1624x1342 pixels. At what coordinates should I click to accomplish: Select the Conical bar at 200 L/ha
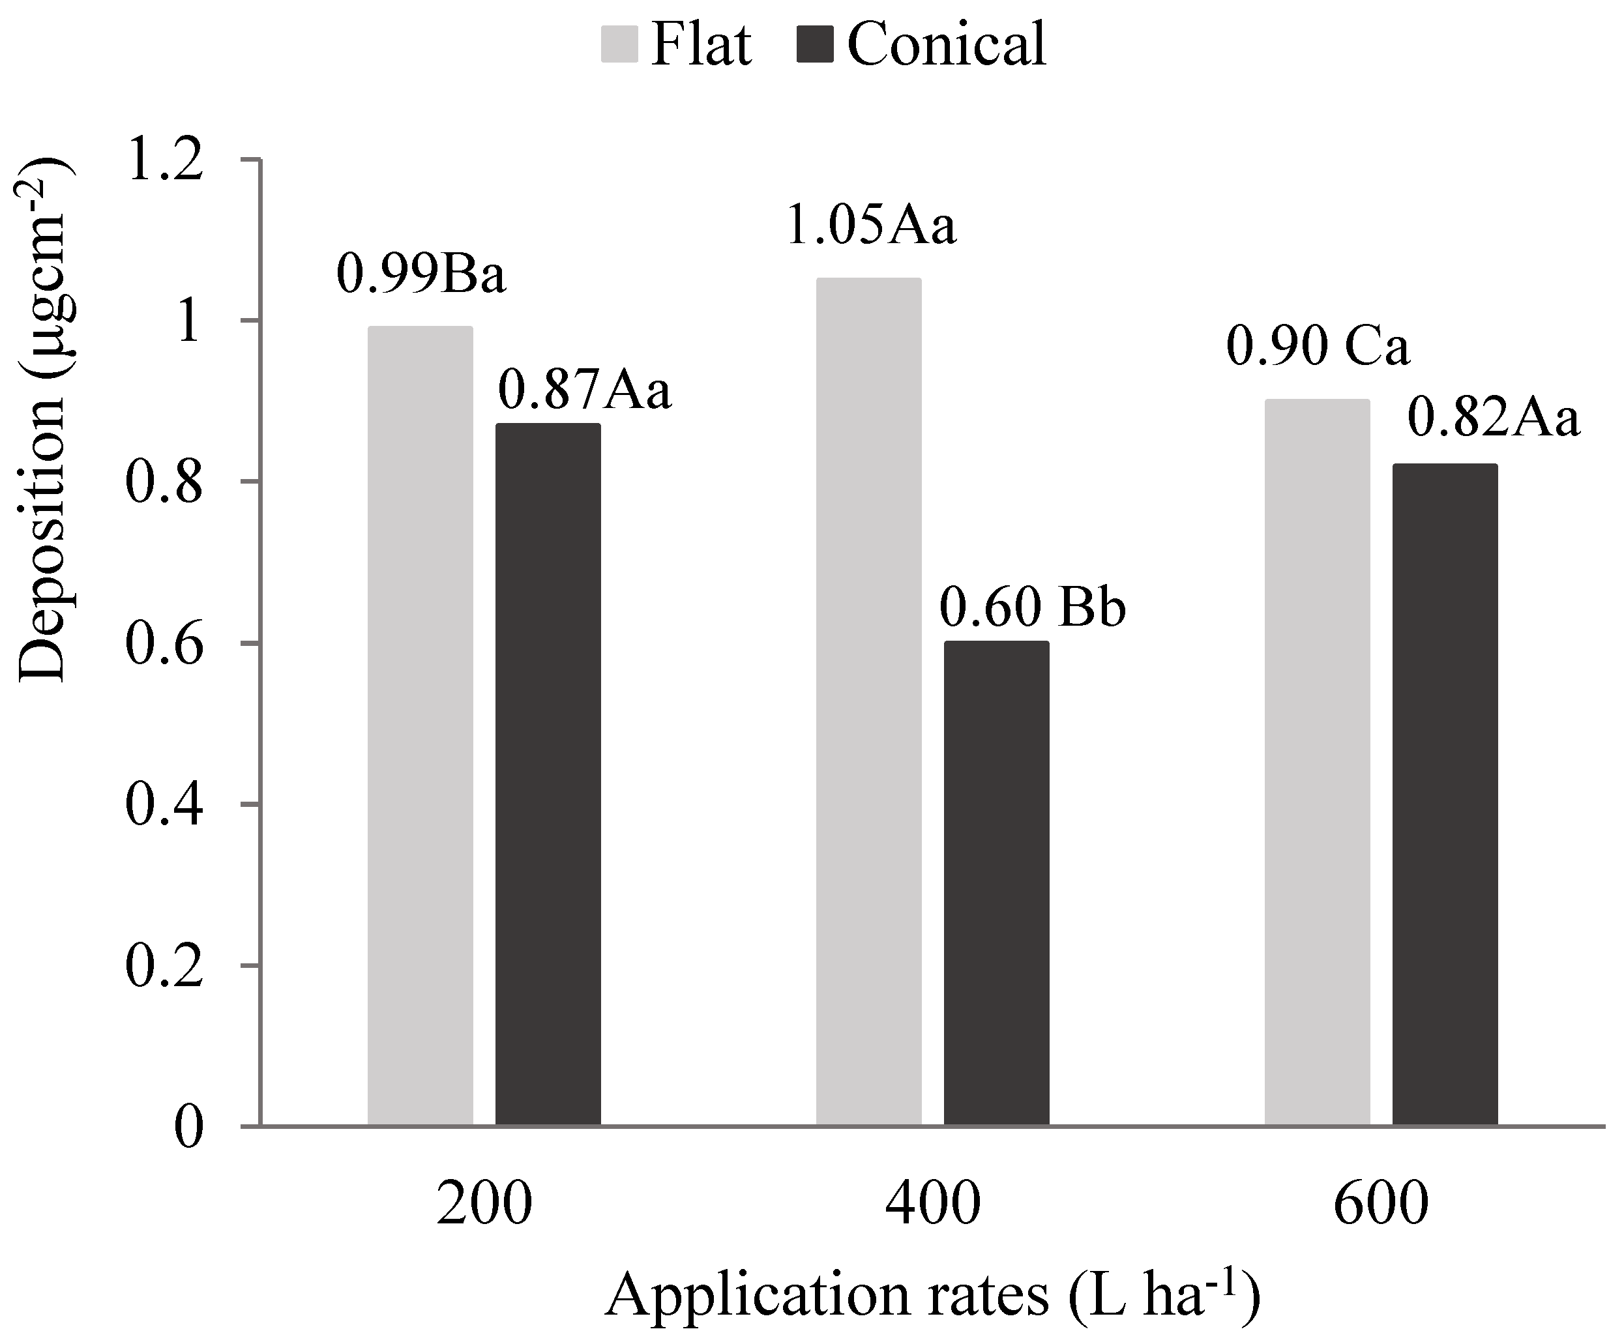pyautogui.click(x=548, y=773)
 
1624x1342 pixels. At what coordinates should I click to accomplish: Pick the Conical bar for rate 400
pyautogui.click(x=996, y=882)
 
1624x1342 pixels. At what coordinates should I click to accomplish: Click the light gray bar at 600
pyautogui.click(x=1317, y=761)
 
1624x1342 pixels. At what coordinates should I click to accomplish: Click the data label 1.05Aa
pyautogui.click(x=871, y=227)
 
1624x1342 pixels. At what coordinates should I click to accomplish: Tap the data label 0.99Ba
pyautogui.click(x=421, y=275)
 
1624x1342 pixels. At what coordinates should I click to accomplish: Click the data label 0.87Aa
pyautogui.click(x=584, y=390)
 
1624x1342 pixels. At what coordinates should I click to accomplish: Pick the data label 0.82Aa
pyautogui.click(x=1492, y=419)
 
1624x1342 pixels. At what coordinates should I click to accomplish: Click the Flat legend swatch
pyautogui.click(x=619, y=45)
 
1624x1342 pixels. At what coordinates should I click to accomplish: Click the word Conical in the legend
pyautogui.click(x=947, y=44)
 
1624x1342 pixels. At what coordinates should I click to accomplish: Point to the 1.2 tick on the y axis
pyautogui.click(x=165, y=162)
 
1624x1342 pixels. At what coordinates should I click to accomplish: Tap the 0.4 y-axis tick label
pyautogui.click(x=165, y=806)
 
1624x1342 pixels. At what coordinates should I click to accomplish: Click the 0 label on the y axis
pyautogui.click(x=188, y=1128)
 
